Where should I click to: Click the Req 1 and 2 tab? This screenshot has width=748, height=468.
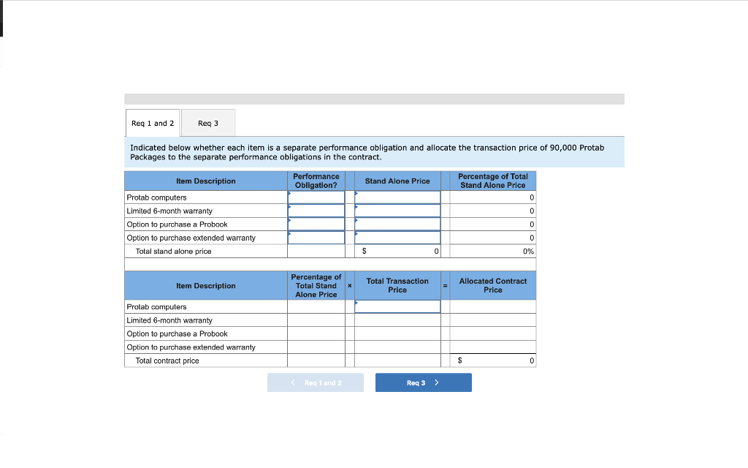click(153, 123)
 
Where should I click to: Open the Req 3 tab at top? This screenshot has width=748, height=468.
click(208, 123)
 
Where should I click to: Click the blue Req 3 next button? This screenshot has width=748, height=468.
click(423, 382)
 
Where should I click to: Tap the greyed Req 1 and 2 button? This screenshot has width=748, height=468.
click(315, 382)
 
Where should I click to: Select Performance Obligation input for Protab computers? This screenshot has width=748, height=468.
click(316, 197)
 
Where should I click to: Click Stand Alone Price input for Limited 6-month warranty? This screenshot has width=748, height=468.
click(397, 211)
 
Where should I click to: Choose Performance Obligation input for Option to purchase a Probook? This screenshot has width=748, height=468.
click(316, 224)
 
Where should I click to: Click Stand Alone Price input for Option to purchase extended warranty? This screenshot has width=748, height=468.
click(397, 238)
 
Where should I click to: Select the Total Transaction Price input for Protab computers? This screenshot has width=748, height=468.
click(397, 306)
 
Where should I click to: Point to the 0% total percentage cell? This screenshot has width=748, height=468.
click(528, 251)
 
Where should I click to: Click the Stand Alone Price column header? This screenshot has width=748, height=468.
click(397, 181)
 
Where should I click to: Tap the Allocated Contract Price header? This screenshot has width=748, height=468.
click(492, 285)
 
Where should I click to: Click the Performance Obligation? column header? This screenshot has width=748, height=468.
click(316, 181)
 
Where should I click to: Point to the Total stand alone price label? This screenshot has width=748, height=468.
click(173, 251)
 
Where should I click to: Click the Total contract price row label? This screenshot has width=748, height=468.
click(167, 361)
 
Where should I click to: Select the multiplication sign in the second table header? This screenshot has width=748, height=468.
click(349, 285)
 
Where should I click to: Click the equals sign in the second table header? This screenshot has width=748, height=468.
click(445, 285)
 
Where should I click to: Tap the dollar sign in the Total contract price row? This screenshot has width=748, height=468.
click(459, 361)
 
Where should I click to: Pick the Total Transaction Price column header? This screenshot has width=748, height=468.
click(397, 285)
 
